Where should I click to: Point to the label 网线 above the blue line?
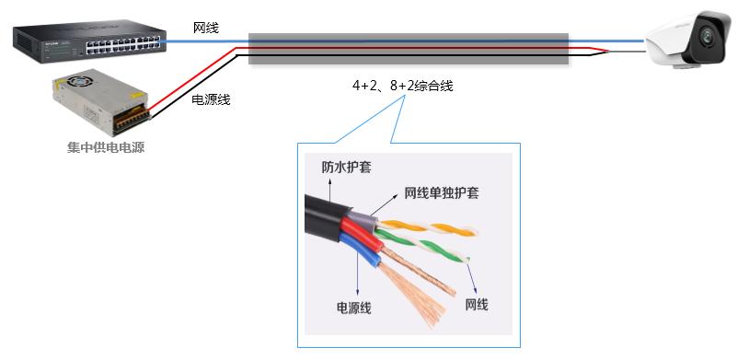pyautogui.click(x=206, y=28)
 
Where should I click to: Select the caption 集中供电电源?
pyautogui.click(x=106, y=147)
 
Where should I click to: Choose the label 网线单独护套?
pyautogui.click(x=441, y=194)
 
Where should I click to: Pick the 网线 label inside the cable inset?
pyautogui.click(x=476, y=304)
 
